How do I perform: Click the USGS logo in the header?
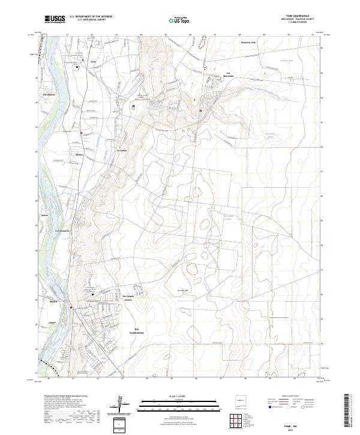[x=55, y=20]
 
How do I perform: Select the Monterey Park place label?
[x=248, y=43]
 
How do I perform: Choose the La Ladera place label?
[x=122, y=150]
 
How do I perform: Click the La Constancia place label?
[x=63, y=230]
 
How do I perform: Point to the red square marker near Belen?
[x=71, y=308]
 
